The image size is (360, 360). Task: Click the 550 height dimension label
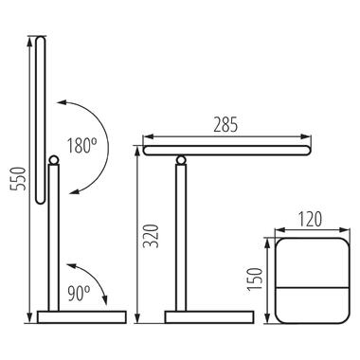pos(19,179)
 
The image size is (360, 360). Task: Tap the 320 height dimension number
pos(151,236)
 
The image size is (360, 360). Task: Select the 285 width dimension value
pos(225,125)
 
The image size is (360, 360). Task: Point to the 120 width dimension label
pos(310,220)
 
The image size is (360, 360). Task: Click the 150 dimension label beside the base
pos(255,279)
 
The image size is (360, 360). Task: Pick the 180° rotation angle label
pos(81,146)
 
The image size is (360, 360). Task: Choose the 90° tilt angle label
pos(79,294)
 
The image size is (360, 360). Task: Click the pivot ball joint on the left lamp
pos(53,160)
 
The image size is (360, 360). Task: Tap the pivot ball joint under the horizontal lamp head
pos(181,160)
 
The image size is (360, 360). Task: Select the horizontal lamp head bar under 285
pos(227,151)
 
